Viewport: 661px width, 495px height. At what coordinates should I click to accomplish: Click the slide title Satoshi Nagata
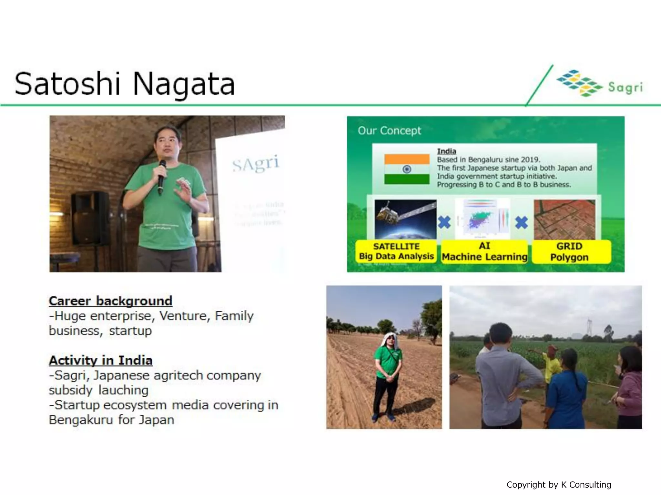[125, 84]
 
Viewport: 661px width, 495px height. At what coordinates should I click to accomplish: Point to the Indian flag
[407, 169]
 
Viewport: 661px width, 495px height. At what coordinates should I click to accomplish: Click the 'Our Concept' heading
[389, 131]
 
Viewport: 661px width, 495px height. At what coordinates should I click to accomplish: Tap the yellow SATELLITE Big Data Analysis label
[396, 251]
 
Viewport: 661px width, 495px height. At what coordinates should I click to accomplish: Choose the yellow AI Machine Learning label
[484, 251]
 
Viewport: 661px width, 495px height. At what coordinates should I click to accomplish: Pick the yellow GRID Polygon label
[569, 252]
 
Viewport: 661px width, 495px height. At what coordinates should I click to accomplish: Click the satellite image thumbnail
[406, 219]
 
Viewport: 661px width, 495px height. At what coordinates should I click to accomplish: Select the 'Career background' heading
[110, 301]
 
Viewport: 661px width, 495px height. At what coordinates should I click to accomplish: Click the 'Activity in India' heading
[100, 360]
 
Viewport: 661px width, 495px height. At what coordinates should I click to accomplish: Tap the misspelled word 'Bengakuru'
[79, 420]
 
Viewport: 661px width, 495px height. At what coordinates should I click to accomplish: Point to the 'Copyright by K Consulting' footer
[559, 485]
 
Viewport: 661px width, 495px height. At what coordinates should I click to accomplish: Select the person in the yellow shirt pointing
[551, 364]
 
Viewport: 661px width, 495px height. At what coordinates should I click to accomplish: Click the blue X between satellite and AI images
[444, 222]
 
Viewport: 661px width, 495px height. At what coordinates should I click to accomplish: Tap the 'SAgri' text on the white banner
[256, 164]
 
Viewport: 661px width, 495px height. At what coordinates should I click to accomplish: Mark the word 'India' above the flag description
[446, 151]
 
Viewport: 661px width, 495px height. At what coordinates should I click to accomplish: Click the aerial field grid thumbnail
[564, 219]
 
